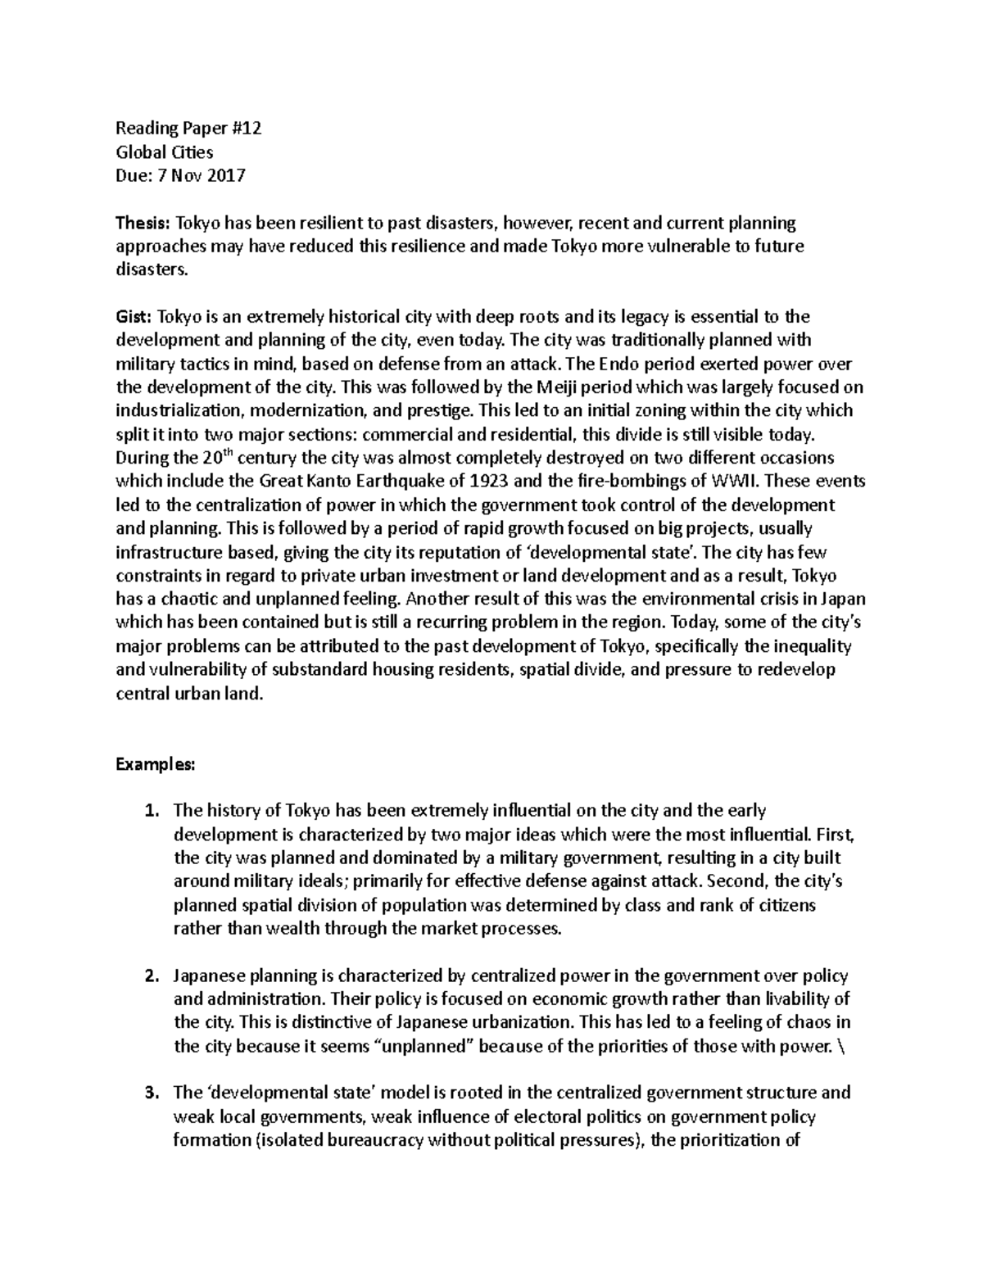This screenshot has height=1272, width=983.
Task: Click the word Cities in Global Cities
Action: [x=191, y=152]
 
